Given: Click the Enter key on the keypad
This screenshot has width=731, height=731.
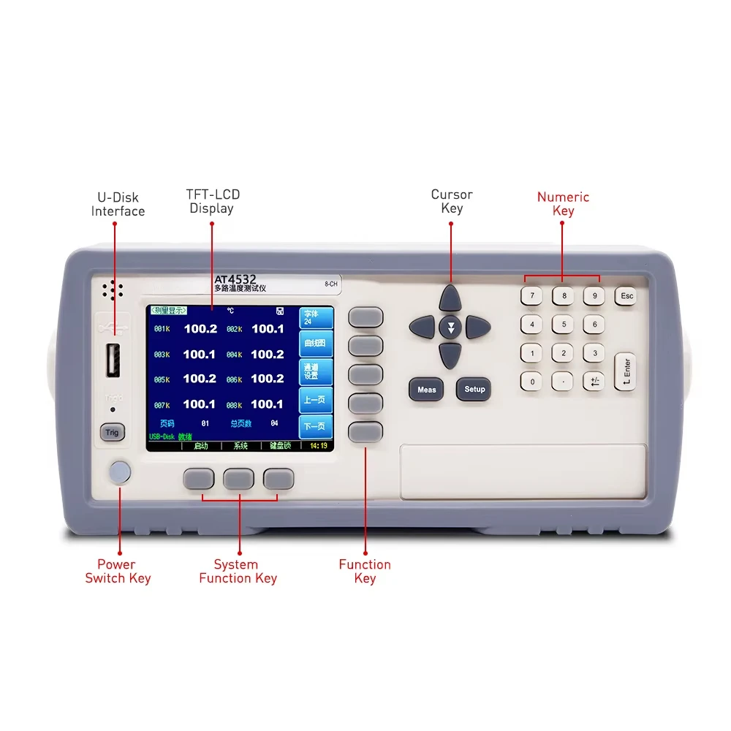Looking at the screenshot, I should pyautogui.click(x=625, y=371).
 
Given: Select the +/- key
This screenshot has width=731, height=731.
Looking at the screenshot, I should pyautogui.click(x=594, y=381).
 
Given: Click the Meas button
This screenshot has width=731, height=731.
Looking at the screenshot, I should pyautogui.click(x=426, y=390).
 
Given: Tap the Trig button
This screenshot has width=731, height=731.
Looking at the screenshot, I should pyautogui.click(x=112, y=432).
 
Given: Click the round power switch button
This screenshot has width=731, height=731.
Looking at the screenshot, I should pyautogui.click(x=119, y=472).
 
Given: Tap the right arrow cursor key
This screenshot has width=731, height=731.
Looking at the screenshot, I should pyautogui.click(x=477, y=327).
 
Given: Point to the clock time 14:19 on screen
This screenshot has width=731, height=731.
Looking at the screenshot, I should pyautogui.click(x=318, y=445).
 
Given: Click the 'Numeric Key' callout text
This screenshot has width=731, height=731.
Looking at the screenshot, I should pyautogui.click(x=563, y=204).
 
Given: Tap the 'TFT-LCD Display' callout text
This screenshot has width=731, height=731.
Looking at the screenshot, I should pyautogui.click(x=212, y=201).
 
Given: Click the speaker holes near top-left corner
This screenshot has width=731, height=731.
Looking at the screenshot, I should pyautogui.click(x=112, y=290).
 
